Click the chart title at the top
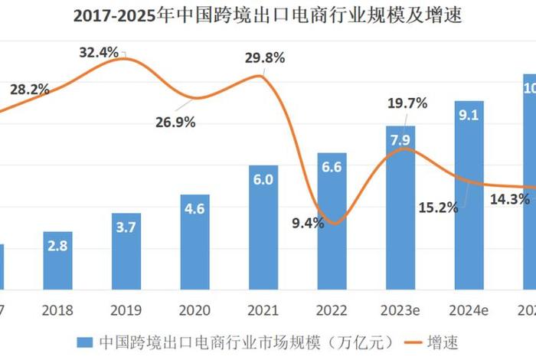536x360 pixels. pos(268,16)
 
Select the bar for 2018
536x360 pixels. pos(57,260)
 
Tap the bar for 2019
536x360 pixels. pos(126,251)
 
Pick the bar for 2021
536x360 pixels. pos(263,227)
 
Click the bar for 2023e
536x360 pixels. pos(400,208)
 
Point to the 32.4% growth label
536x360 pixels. pos(99,53)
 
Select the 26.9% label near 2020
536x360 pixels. pos(176,122)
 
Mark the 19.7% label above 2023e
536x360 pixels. pos(408,103)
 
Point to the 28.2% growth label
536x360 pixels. pos(29,89)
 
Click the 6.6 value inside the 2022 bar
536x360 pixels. pos(332,167)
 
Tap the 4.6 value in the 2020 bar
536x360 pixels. pos(194,209)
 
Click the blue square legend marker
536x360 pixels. pos(85,342)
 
